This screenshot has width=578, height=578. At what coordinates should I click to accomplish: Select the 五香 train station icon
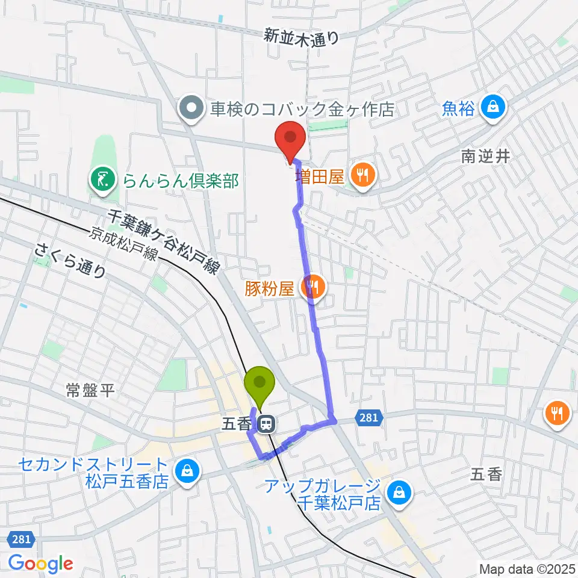(x=266, y=424)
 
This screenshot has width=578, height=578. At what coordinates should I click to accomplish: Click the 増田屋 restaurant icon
(x=362, y=176)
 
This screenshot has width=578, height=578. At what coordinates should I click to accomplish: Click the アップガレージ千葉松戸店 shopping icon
(x=398, y=493)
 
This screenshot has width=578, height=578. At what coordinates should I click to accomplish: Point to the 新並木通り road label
(x=302, y=37)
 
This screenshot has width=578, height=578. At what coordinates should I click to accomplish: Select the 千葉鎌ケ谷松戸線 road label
(x=163, y=240)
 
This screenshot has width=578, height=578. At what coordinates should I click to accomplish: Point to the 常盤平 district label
(x=90, y=392)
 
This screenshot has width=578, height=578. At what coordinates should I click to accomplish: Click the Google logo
(x=41, y=564)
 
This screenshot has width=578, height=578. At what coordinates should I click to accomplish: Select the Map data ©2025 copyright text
(x=527, y=568)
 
